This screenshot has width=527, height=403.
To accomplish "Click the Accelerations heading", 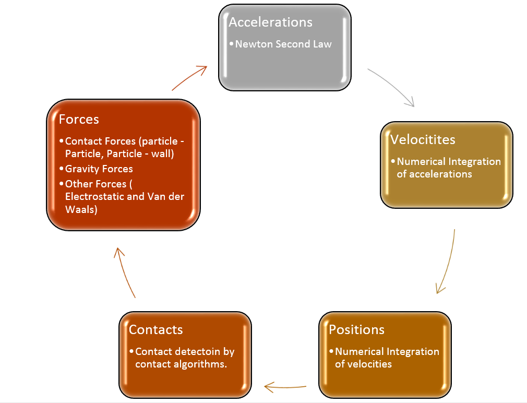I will (x=270, y=22).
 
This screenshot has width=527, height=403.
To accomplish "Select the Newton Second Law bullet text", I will (x=283, y=44).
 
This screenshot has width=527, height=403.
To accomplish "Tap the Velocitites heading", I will (x=423, y=139).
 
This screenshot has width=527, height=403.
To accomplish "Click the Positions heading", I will (x=356, y=329).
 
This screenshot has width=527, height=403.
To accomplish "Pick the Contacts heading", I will (x=155, y=329).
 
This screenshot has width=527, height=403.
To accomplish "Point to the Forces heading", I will (x=79, y=119).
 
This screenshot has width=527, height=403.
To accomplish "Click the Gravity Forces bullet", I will (x=99, y=169).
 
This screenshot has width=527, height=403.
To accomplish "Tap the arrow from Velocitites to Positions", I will (x=448, y=261).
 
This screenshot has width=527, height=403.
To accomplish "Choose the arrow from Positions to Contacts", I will (x=285, y=387).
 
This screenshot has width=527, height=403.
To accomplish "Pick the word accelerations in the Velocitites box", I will (x=440, y=174).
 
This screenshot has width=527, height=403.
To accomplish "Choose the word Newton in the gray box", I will (x=254, y=44).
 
